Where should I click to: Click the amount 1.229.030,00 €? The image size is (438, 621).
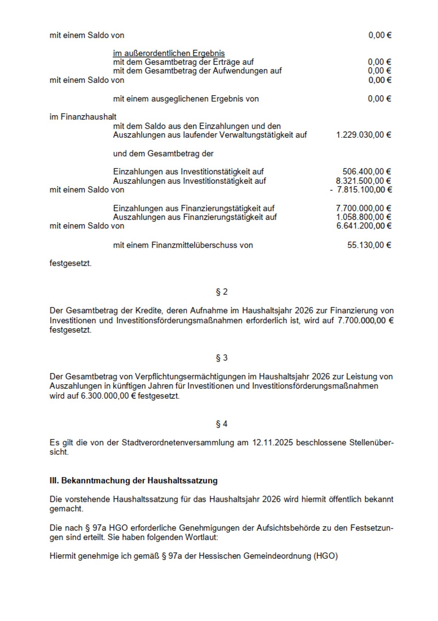coord(363,135)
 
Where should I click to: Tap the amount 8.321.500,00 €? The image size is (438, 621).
coord(363,181)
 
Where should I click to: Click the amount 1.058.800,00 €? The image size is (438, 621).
coord(363,217)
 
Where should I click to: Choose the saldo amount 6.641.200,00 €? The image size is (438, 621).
coord(363,226)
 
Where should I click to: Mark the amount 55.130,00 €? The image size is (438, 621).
coord(369,245)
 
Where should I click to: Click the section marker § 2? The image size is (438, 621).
coord(222,292)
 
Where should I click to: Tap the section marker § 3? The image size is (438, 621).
coord(222,358)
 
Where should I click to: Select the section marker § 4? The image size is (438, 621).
coord(222,424)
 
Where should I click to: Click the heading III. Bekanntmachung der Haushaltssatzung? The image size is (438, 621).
coord(133,481)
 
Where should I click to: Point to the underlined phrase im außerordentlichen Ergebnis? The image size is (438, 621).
coord(169,53)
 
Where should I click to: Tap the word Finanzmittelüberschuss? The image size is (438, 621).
coord(202,245)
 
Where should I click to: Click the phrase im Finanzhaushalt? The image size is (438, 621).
coord(83,117)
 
